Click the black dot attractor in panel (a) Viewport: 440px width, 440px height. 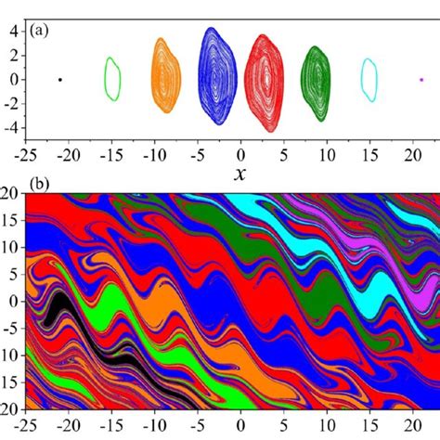[60, 80]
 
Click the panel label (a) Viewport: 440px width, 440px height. [41, 30]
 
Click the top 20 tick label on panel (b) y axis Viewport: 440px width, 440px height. [10, 196]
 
